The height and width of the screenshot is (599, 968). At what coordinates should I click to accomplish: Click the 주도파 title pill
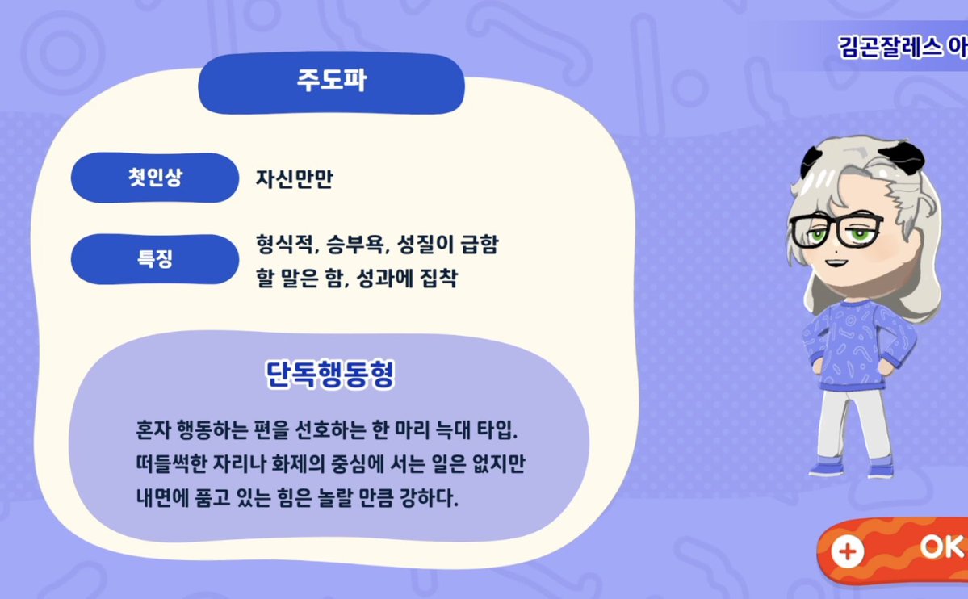click(331, 82)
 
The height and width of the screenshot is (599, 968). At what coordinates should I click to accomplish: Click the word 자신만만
click(295, 178)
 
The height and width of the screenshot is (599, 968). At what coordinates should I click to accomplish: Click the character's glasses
click(836, 230)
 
